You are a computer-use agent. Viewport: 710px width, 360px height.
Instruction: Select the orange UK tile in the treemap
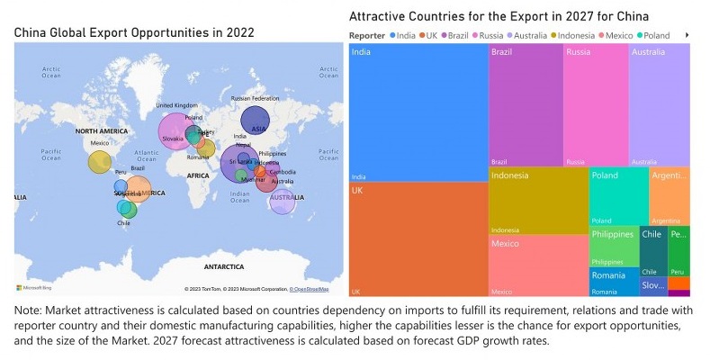(418, 239)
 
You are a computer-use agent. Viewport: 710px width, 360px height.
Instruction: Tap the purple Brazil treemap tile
(526, 104)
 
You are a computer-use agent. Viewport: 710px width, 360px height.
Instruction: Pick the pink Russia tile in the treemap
(596, 104)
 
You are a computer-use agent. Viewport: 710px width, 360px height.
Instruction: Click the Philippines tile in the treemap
(613, 247)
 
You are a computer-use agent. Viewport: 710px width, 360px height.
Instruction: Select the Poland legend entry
(658, 35)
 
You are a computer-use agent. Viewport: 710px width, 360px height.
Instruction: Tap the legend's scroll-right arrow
(688, 35)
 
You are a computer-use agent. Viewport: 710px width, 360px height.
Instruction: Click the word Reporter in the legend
(366, 35)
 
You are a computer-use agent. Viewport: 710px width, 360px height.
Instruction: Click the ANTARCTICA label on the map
(223, 266)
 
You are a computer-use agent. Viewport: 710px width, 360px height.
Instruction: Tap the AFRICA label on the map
(198, 176)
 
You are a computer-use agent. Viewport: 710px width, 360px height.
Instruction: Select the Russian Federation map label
(255, 98)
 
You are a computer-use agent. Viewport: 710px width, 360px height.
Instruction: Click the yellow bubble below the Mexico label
(100, 162)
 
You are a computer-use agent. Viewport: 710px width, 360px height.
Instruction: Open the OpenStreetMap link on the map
(309, 289)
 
